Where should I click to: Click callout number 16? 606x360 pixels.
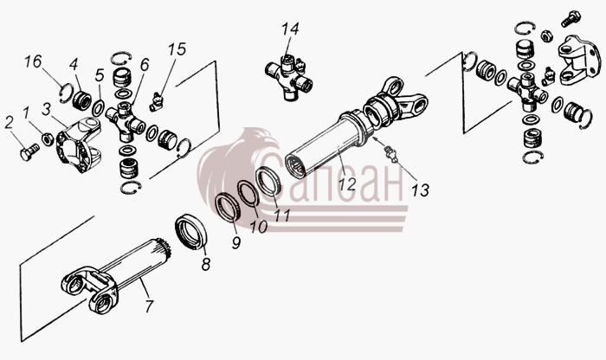33,61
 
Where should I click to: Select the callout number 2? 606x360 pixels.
9,122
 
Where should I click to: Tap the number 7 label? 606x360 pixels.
148,306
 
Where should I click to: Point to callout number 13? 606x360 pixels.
420,190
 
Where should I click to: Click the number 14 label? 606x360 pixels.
290,29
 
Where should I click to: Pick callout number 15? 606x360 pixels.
177,49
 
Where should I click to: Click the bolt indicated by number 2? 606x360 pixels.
29,151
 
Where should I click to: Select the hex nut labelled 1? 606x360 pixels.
48,138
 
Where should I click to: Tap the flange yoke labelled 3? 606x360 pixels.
79,145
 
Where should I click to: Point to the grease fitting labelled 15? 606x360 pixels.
157,102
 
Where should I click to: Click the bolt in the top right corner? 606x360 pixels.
571,18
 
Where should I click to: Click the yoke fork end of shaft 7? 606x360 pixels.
90,289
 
